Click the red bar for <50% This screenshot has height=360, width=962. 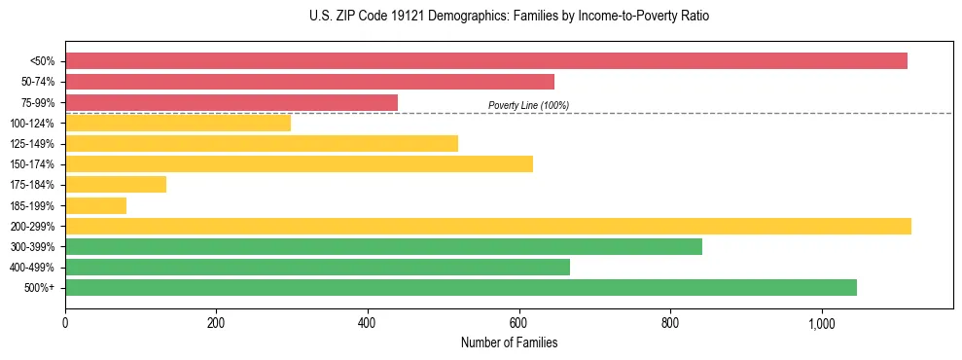pos(486,61)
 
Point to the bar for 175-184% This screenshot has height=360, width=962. pos(116,185)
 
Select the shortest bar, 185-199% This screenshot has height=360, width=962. pos(95,205)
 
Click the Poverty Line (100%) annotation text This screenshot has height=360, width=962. pos(528,105)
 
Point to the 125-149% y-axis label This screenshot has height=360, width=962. pos(32,144)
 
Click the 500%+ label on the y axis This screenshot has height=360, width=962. pos(40,288)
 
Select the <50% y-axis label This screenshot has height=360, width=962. pos(42,61)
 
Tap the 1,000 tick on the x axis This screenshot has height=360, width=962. pos(821,323)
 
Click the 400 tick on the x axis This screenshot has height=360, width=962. pos(368,323)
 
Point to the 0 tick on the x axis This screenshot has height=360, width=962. pos(65,323)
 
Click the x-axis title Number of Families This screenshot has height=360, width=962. pos(509,342)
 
